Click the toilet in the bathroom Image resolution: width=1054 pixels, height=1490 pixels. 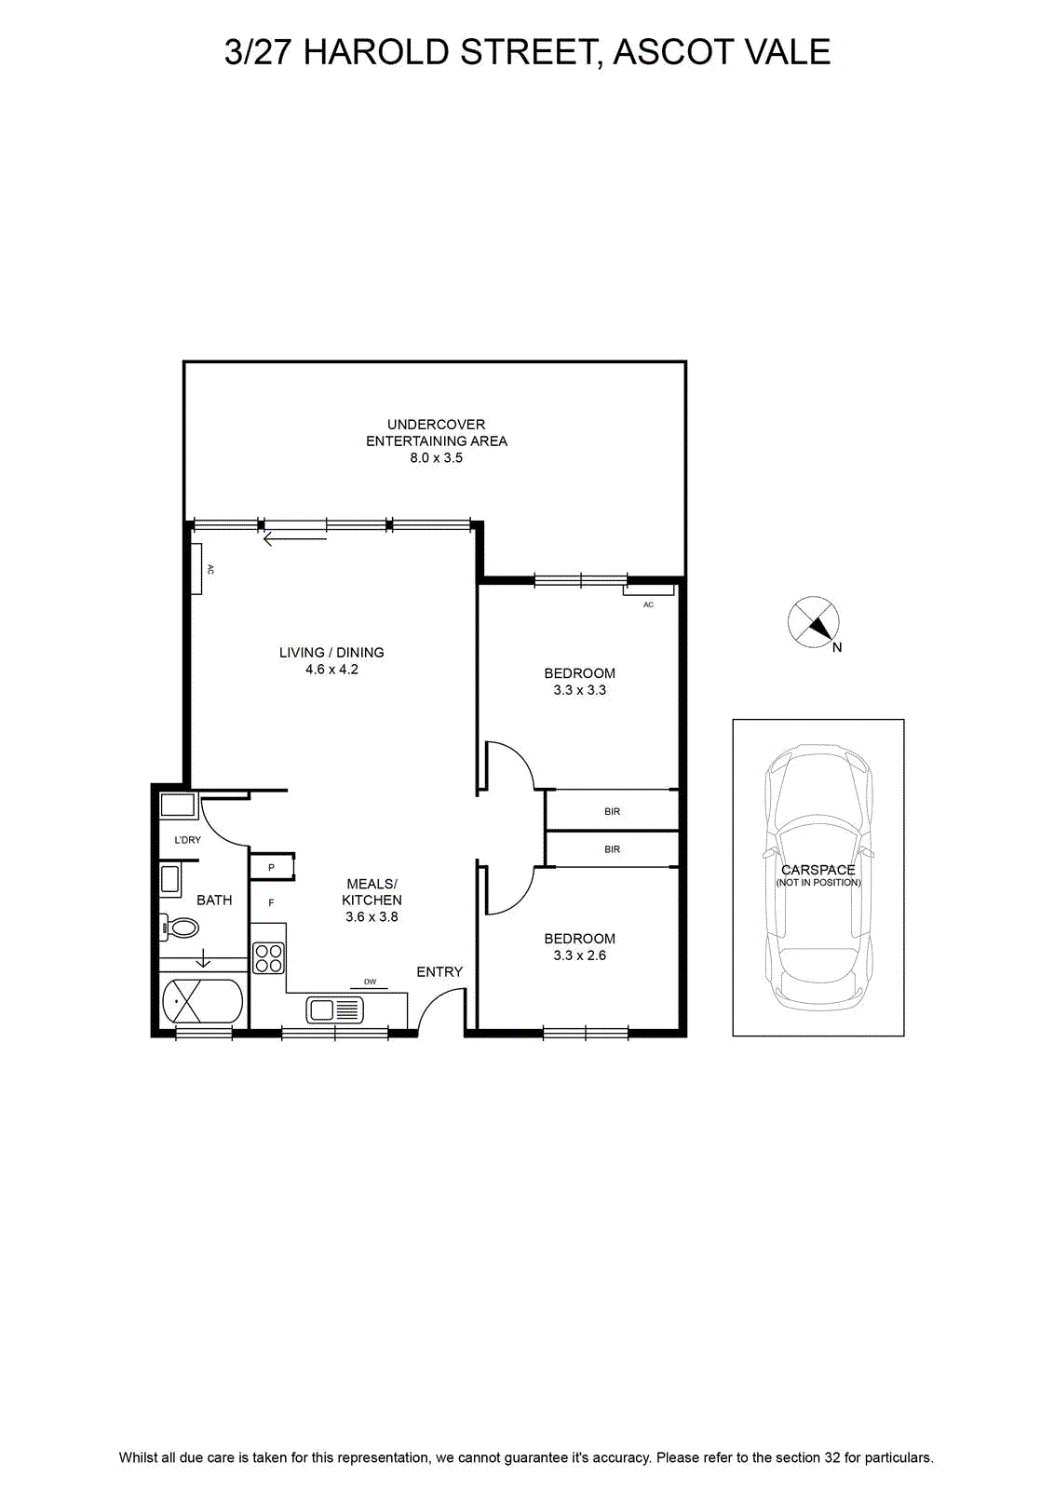(x=180, y=928)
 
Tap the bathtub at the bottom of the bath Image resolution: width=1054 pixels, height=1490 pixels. (x=203, y=1002)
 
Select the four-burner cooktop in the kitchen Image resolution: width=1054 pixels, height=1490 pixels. (x=268, y=958)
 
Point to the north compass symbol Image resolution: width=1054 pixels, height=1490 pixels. (x=814, y=623)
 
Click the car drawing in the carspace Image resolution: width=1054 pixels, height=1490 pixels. (x=818, y=878)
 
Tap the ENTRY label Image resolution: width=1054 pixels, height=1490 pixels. (x=439, y=972)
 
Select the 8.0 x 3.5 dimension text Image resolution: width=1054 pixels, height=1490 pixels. (x=437, y=457)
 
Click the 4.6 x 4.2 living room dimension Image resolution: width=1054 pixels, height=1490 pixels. (x=331, y=670)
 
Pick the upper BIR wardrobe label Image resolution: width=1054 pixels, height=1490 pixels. (x=613, y=811)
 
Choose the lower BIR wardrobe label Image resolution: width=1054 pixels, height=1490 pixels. (x=613, y=849)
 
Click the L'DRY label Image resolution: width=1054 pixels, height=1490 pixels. (x=187, y=840)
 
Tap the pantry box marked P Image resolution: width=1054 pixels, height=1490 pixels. (x=272, y=867)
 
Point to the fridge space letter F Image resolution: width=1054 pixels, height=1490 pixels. (x=271, y=902)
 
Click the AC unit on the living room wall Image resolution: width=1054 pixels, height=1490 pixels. (x=196, y=569)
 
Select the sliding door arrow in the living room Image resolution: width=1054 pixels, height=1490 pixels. (x=295, y=539)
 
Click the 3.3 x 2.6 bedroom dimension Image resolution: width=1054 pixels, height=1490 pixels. (x=580, y=955)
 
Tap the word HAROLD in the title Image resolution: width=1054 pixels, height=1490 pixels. (x=376, y=52)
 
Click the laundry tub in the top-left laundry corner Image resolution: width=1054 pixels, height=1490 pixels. (x=177, y=806)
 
